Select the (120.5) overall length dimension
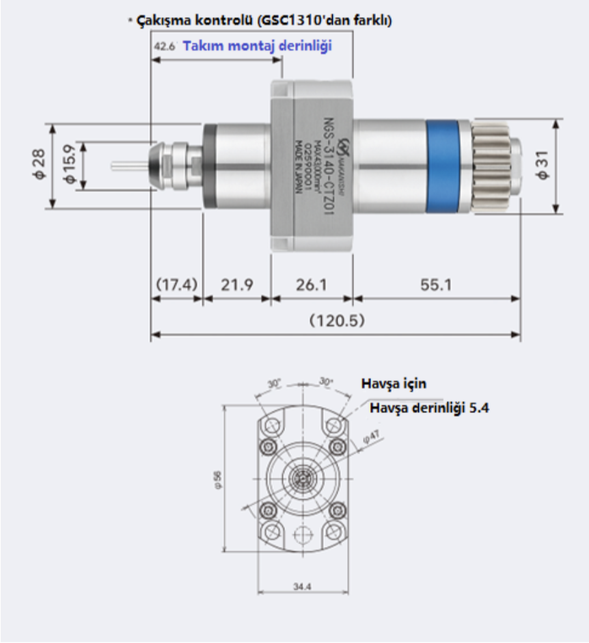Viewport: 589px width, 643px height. pyautogui.click(x=337, y=320)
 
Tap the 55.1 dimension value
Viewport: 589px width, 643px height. pyautogui.click(x=435, y=284)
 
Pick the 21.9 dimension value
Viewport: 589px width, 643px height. pyautogui.click(x=236, y=284)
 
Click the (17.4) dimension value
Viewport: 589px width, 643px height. pyautogui.click(x=176, y=284)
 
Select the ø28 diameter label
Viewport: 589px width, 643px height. pyautogui.click(x=39, y=166)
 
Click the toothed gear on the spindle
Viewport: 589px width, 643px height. pyautogui.click(x=491, y=166)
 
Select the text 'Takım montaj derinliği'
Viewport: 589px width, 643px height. pyautogui.click(x=257, y=47)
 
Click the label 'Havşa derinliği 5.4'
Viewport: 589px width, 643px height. pyautogui.click(x=429, y=408)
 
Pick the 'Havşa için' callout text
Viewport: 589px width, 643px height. pyautogui.click(x=394, y=384)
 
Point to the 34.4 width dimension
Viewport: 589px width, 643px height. pyautogui.click(x=302, y=586)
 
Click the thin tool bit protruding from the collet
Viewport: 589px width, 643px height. pyautogui.click(x=128, y=166)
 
